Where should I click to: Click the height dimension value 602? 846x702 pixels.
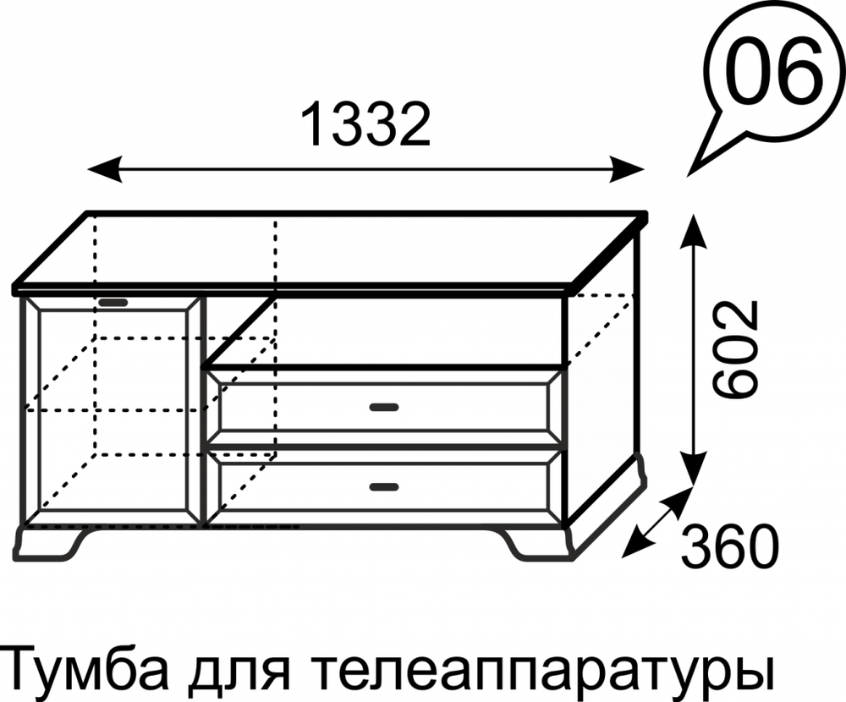pos(733,348)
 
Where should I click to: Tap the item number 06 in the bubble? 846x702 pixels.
pos(774,73)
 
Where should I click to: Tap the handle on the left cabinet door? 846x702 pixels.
pos(113,302)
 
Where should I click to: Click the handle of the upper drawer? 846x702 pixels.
pos(383,408)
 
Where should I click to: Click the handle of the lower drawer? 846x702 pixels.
pos(383,486)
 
